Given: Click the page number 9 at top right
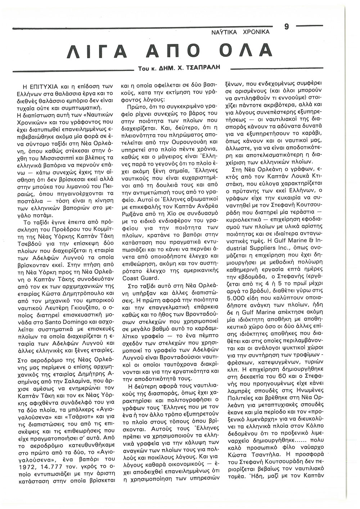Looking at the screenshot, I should point(287,26).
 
